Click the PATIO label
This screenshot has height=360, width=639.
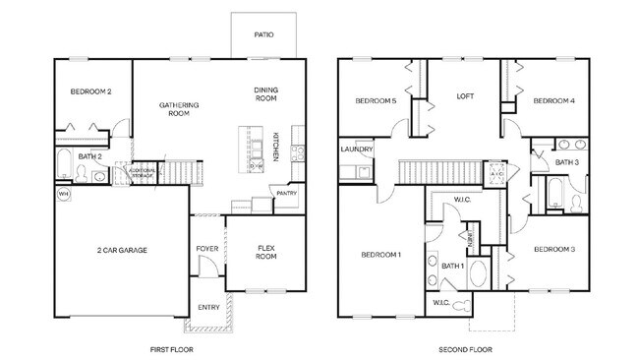(263, 34)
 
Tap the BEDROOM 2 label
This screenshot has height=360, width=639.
(90, 91)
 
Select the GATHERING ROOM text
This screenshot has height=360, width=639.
(179, 108)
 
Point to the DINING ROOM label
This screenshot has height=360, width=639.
(266, 93)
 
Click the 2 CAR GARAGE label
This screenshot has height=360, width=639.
(122, 251)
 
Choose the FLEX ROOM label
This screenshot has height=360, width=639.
(265, 253)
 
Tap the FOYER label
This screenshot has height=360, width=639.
(206, 249)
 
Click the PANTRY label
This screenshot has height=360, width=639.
(286, 194)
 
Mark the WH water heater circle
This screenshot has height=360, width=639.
(64, 194)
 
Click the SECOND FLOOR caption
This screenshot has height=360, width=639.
(465, 349)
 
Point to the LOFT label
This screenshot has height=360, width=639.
(465, 96)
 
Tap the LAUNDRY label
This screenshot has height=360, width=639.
(356, 150)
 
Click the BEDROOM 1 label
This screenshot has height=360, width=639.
(380, 255)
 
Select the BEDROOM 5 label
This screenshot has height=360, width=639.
(375, 100)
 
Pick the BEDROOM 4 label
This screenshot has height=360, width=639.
(553, 100)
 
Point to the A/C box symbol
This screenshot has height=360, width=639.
(496, 174)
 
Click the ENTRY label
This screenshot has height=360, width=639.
(208, 308)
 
